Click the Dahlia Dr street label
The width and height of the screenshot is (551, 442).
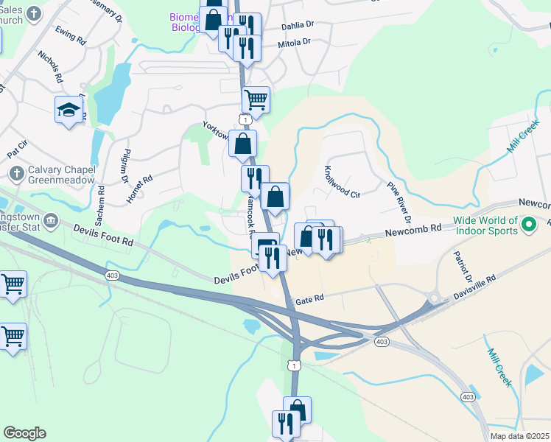[x=298, y=26]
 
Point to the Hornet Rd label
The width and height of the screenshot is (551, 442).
[x=138, y=189]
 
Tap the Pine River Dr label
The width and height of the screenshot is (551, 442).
[x=397, y=200]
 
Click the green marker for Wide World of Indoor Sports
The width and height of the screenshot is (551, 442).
[x=528, y=222]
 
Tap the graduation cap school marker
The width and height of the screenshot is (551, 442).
[x=69, y=110]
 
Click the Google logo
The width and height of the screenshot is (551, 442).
[x=24, y=433]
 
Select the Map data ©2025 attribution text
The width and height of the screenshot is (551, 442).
[x=519, y=436]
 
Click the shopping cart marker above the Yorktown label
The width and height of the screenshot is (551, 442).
[x=256, y=99]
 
